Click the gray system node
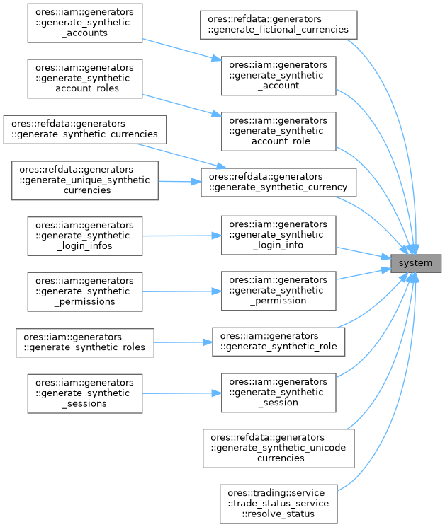click(x=417, y=263)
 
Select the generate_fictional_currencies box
click(x=278, y=25)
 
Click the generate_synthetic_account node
click(x=278, y=76)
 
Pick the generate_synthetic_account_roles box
click(x=85, y=78)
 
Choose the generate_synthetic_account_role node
click(x=278, y=131)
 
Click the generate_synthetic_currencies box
click(x=85, y=129)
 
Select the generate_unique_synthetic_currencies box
click(x=85, y=180)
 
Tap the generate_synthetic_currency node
click(x=278, y=182)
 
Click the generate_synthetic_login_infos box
click(x=85, y=236)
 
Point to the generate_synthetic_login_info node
click(x=278, y=236)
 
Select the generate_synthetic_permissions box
click(x=85, y=291)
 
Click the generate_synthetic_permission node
click(x=278, y=291)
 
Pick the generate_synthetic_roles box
click(x=85, y=342)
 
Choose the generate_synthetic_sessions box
click(x=85, y=393)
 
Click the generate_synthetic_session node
click(x=278, y=393)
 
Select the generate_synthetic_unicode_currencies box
click(x=278, y=448)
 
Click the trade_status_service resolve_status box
click(x=278, y=503)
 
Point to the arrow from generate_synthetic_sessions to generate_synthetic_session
click(x=181, y=393)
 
